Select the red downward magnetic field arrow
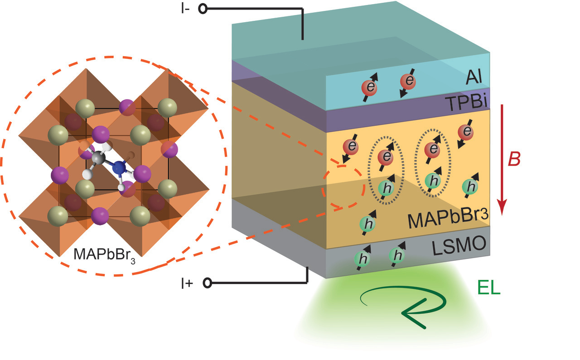point(501,158)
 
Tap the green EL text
point(489,288)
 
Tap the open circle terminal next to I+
point(208,283)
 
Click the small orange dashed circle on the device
point(343,187)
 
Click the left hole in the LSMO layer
point(362,259)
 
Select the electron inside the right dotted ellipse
point(434,149)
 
